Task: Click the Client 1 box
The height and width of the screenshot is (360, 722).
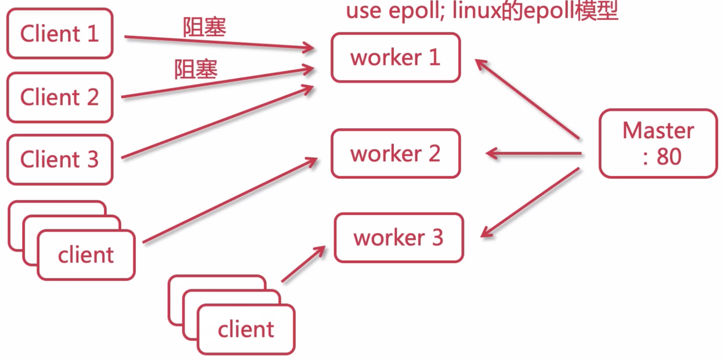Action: point(60,34)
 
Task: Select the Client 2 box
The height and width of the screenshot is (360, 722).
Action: point(60,97)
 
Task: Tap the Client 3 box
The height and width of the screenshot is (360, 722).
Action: point(60,160)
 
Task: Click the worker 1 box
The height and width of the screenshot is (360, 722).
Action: point(395,58)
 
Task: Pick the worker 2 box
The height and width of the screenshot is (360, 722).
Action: point(395,153)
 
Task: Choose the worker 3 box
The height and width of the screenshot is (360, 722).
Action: point(398,238)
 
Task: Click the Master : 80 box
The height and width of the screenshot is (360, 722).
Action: point(658,143)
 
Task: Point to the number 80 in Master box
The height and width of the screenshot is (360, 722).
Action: point(669,157)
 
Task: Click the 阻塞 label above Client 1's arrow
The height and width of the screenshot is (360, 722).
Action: point(204,27)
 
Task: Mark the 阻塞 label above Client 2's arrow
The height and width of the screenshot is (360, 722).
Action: point(196,70)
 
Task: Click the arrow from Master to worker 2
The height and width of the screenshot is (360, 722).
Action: point(533,153)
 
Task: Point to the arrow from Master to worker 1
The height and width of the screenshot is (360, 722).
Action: point(527,99)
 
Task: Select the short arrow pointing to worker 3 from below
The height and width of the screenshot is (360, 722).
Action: point(303,264)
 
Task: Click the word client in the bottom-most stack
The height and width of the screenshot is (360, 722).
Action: point(246,329)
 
